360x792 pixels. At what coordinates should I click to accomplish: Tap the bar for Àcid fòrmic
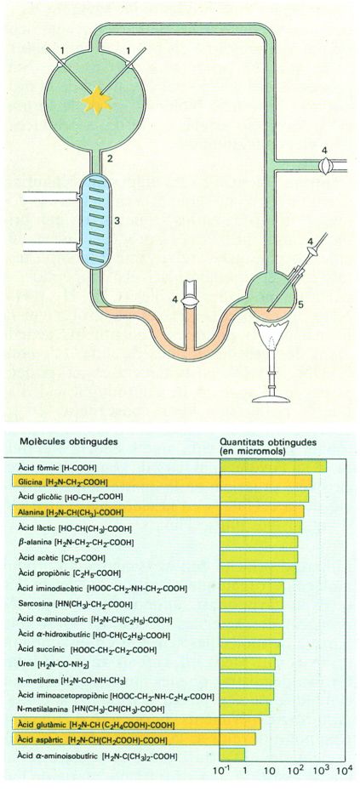[x=273, y=466]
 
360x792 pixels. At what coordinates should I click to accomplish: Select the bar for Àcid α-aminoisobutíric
[x=233, y=755]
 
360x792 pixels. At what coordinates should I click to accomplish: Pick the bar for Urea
[x=249, y=664]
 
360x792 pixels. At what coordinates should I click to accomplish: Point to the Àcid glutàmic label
[x=95, y=725]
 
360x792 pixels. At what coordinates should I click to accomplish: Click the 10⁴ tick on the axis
[x=344, y=770]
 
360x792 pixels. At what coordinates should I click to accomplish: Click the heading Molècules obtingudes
[x=69, y=442]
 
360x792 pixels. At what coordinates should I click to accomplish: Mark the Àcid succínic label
[x=87, y=649]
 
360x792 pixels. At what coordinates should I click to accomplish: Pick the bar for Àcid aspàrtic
[x=238, y=739]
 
